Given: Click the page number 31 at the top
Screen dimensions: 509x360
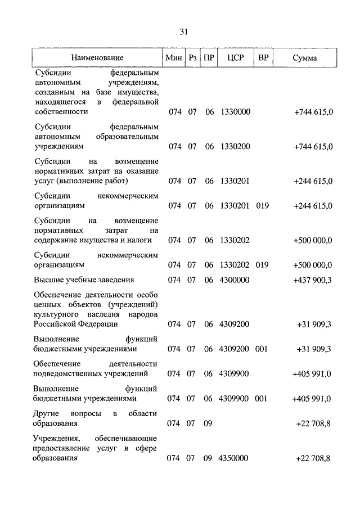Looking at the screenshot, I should pos(183,31).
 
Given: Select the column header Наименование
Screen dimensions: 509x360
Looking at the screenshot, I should pos(97,58).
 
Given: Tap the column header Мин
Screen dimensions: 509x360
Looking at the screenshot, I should pos(173,58).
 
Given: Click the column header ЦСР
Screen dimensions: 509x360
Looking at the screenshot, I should pos(235,58).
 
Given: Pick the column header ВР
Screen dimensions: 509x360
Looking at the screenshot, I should pos(263,58).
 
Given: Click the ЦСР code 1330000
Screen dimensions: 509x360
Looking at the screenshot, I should pos(235,112).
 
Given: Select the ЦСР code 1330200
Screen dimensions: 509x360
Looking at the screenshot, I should pos(235,146).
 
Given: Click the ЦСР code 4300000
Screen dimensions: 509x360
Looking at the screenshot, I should pos(235,280).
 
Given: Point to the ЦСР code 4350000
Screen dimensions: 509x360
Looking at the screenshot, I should pos(235,458).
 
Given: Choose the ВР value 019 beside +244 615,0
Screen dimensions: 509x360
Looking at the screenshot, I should pos(262,206).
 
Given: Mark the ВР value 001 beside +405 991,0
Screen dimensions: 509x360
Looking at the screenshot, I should pos(262,398).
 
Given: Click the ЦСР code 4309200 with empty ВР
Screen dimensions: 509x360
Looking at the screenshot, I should pos(235,324).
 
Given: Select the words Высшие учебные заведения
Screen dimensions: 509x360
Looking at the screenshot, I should pos(84,280).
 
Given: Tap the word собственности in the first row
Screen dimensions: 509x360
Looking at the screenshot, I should pos(61,112).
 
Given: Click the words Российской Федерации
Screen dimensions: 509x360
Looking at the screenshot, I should pos(76,324).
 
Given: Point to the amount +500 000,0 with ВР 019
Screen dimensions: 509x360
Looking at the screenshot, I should pos(312,264).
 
